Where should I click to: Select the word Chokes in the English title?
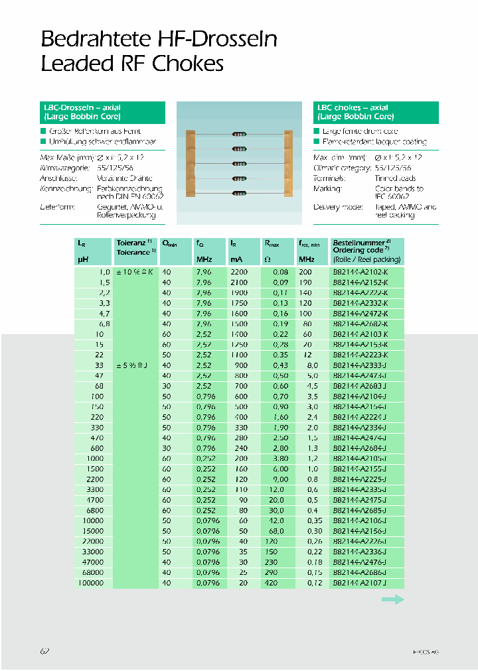[189, 64]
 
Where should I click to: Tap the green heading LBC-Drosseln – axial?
[80, 107]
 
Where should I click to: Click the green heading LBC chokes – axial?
[352, 107]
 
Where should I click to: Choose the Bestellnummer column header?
[361, 243]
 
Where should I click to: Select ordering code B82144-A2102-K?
[358, 273]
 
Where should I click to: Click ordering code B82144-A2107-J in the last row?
[358, 583]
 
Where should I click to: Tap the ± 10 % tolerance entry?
[135, 273]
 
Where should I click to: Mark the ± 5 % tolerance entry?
[135, 365]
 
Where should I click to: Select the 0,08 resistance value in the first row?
[280, 273]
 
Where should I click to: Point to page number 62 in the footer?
[45, 652]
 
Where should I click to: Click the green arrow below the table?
[392, 599]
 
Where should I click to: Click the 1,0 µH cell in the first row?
[104, 273]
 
